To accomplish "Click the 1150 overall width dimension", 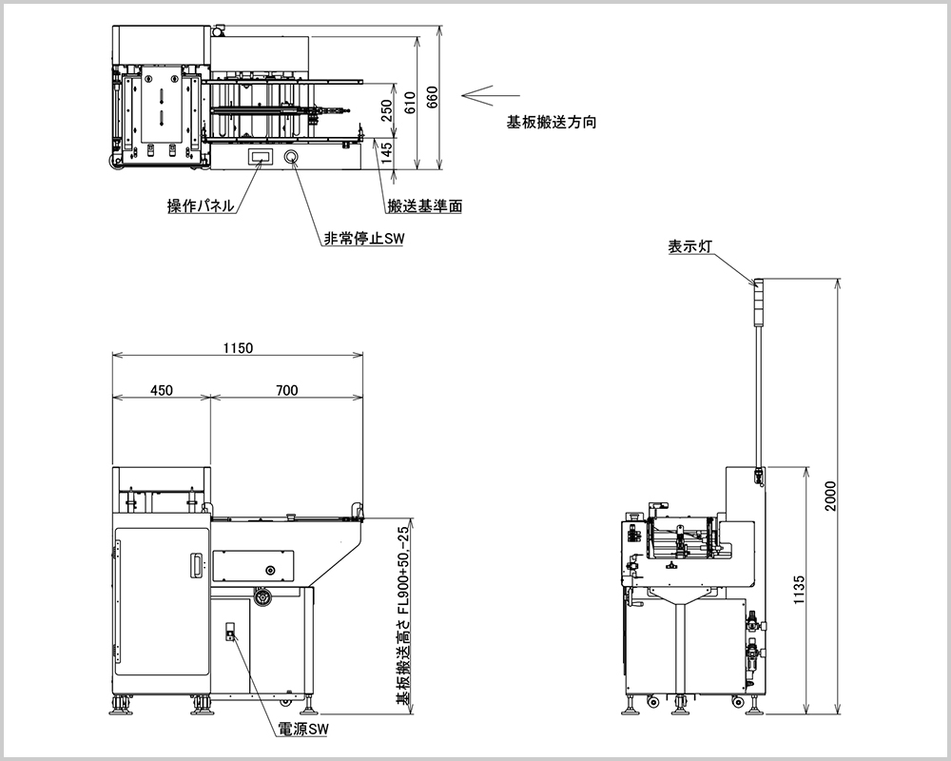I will tap(238, 348).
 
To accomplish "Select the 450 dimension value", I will tap(162, 389).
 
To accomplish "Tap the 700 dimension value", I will tap(287, 389).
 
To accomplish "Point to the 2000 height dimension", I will tap(830, 495).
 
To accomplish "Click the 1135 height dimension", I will tap(800, 590).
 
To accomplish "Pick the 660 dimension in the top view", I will tap(432, 99).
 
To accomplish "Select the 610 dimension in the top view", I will tap(410, 103).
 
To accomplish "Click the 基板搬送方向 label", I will tap(552, 123).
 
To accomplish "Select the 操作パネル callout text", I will tap(201, 206).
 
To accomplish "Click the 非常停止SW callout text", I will tap(363, 240).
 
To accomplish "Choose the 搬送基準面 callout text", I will tap(425, 206).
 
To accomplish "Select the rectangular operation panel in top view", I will tap(259, 157).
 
